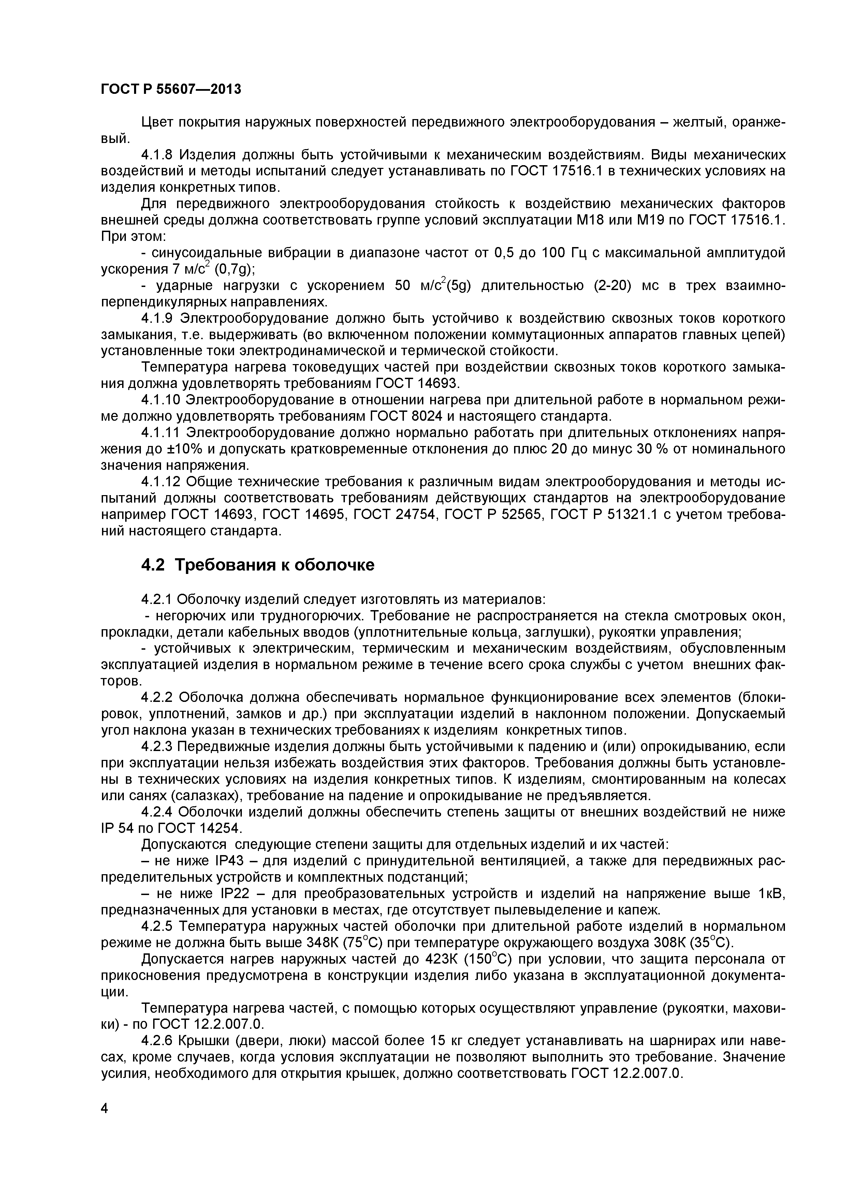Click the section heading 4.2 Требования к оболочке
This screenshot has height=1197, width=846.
point(258,565)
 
